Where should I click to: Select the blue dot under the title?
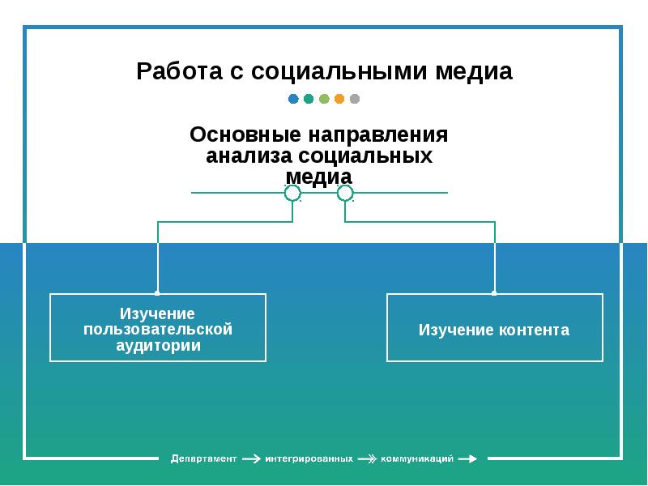tap(293, 100)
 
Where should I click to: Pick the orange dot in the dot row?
tap(339, 100)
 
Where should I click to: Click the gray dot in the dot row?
tap(355, 100)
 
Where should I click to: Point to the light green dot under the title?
tap(324, 100)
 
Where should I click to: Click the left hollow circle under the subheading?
tap(292, 193)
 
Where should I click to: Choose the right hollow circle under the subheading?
tap(345, 193)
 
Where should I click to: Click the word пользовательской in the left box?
tap(158, 329)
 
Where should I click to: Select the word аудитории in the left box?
tap(158, 345)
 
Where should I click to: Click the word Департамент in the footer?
tap(203, 458)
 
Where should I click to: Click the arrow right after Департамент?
tap(251, 458)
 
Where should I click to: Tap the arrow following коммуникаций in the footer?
tap(467, 458)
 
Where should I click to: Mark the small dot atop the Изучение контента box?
tap(495, 293)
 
